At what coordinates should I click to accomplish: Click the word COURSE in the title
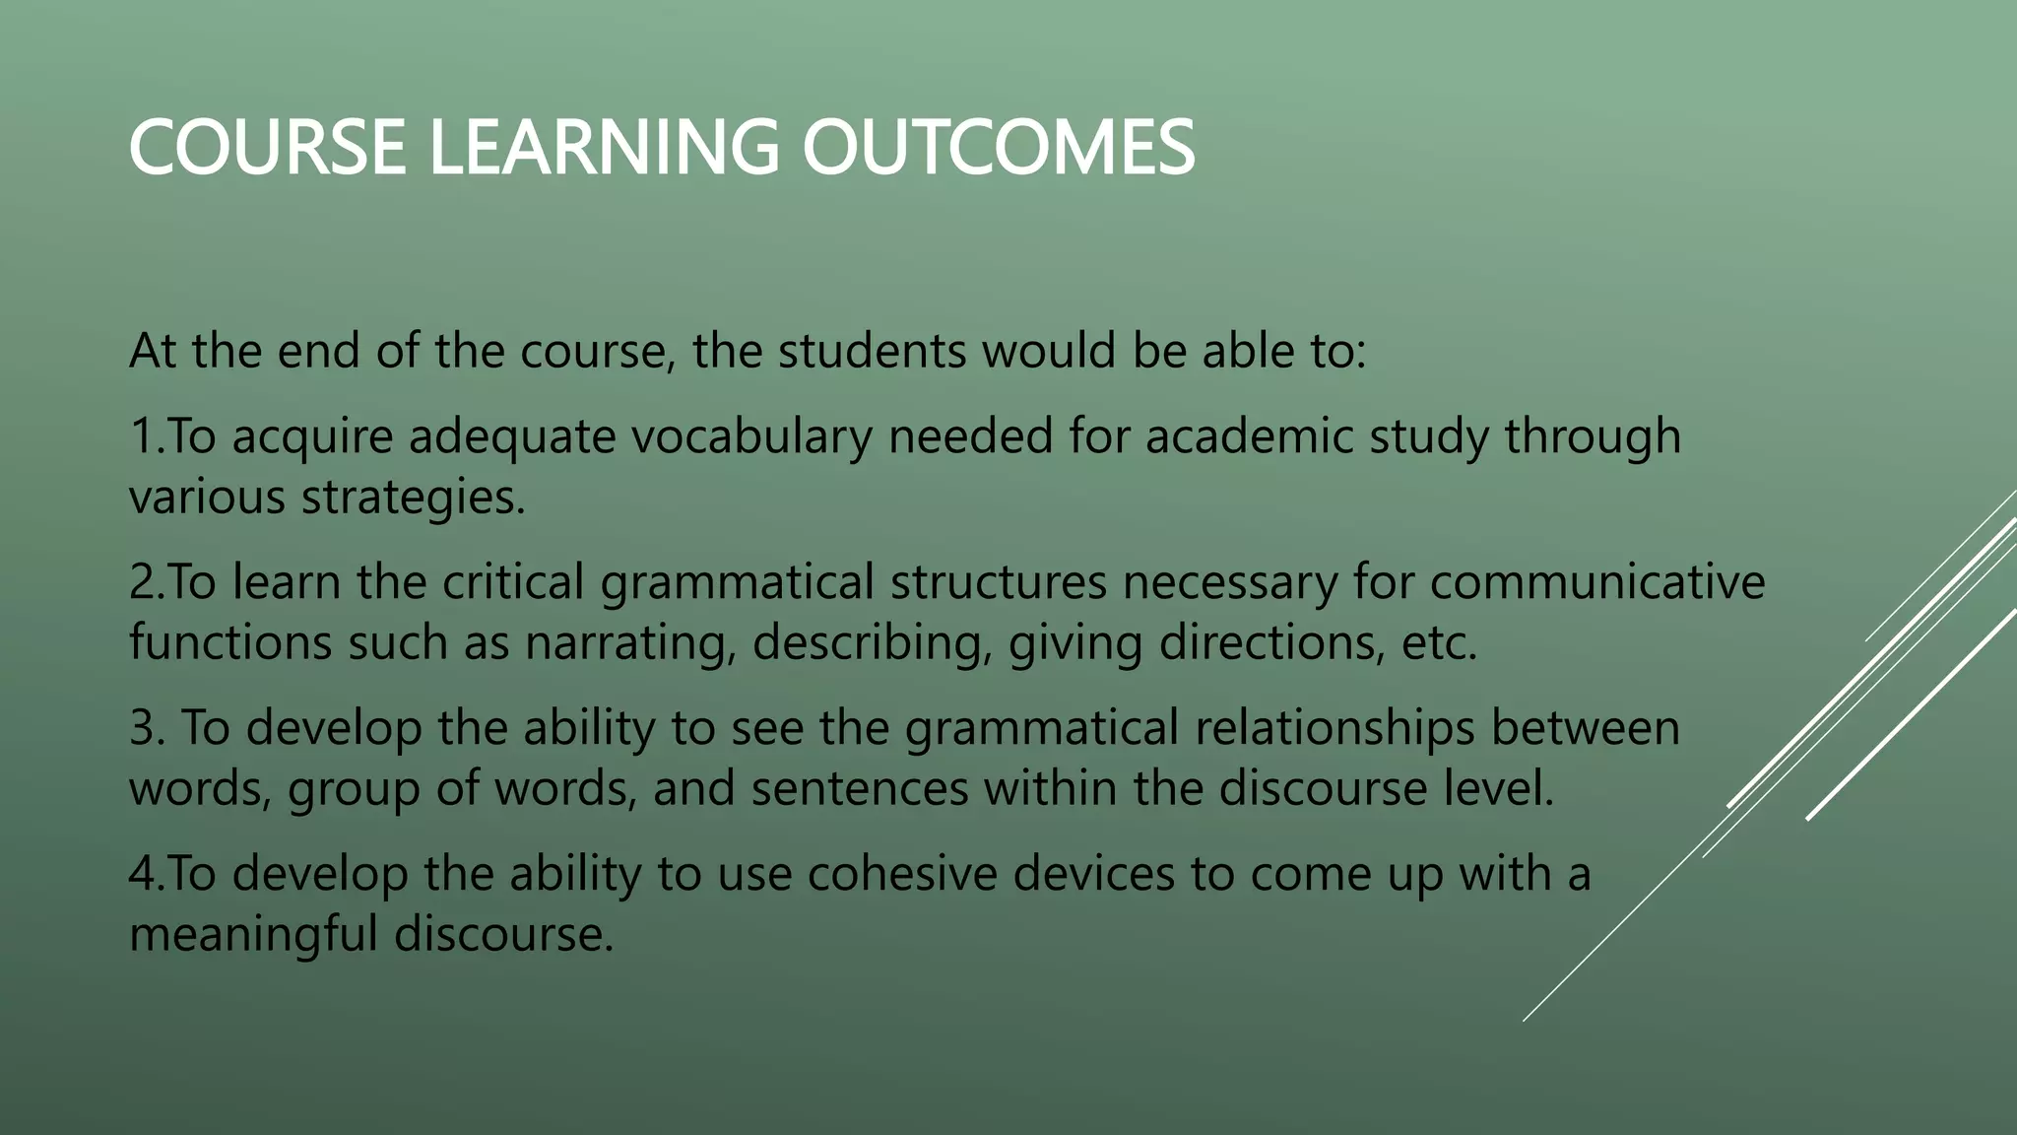tap(267, 148)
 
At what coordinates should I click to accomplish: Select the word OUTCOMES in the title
tap(998, 148)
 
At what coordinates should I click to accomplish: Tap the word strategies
tap(414, 498)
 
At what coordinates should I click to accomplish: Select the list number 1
tap(143, 436)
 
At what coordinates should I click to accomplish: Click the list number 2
tap(144, 582)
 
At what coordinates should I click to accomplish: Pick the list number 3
tap(144, 728)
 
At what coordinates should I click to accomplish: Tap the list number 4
tap(144, 874)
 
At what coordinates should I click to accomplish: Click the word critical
tap(513, 582)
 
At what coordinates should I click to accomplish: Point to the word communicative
tap(1597, 582)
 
